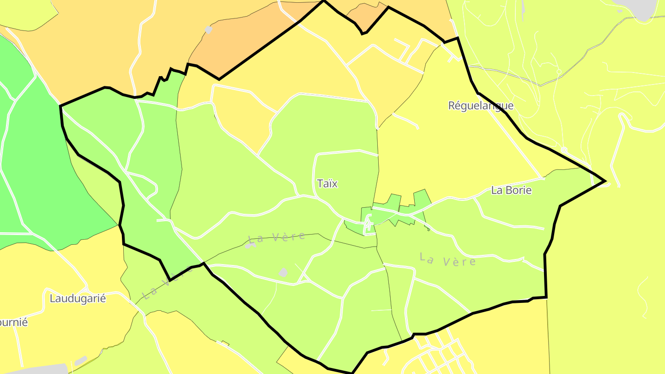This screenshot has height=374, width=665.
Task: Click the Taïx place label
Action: coord(327,183)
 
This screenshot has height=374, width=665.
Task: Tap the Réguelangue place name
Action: coord(481,105)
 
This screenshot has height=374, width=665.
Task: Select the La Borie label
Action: coord(511,190)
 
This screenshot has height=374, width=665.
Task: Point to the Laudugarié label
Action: coord(78,298)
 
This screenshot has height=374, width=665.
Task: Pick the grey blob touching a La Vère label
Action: coord(251,245)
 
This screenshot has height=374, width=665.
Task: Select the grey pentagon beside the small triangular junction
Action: coord(283,272)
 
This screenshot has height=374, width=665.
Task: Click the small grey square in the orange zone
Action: coord(208,30)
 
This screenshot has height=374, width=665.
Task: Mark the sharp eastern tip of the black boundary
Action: coord(604,181)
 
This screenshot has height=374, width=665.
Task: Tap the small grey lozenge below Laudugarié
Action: coord(81,361)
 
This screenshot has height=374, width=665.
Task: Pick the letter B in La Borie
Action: coord(506,190)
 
